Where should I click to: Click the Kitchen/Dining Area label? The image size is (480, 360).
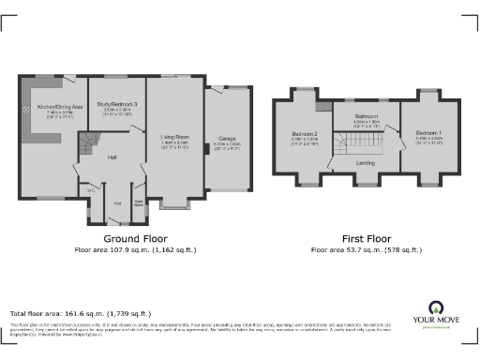click(x=54, y=108)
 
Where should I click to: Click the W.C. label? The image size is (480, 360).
click(x=92, y=190)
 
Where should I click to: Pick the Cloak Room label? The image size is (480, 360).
click(x=138, y=201)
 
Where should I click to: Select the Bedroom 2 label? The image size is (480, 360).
click(x=304, y=134)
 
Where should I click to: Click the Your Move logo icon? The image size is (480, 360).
click(x=436, y=308)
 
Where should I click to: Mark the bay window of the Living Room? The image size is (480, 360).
click(x=174, y=202)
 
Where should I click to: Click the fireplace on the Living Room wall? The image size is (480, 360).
click(x=207, y=148)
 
